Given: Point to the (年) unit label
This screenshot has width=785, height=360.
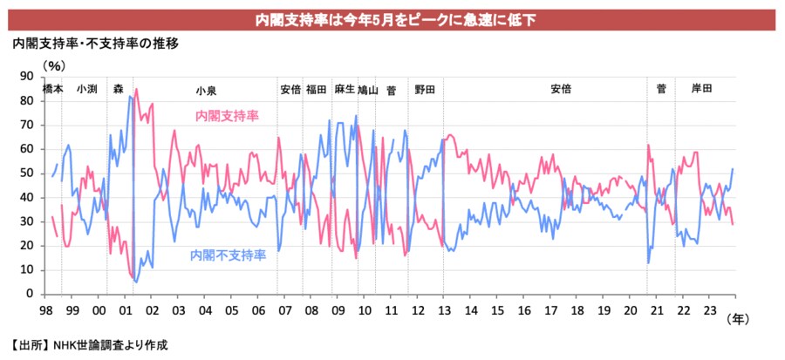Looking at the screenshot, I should tap(737, 320).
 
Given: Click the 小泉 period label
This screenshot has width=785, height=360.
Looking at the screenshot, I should tap(207, 89).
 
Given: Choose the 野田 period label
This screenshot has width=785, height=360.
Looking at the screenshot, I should tap(425, 89).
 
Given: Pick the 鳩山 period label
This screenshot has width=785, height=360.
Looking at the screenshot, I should tap(368, 89).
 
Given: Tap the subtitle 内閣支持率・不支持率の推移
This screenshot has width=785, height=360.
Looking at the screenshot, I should tap(95, 44).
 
